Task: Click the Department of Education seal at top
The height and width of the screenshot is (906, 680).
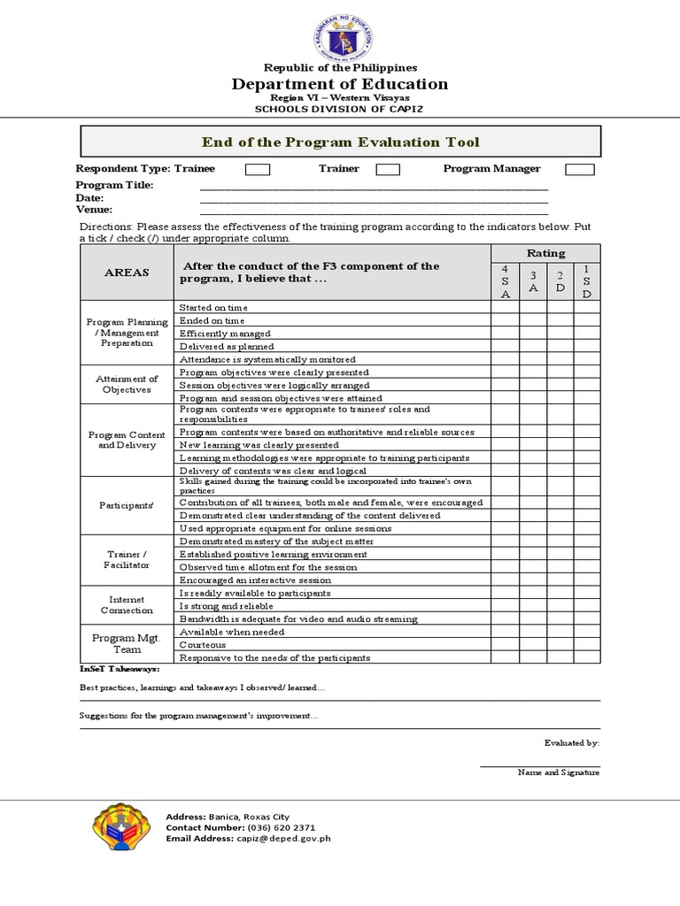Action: [341, 33]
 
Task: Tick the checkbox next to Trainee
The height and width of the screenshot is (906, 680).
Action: [258, 169]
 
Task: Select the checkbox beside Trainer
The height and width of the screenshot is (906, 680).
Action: [388, 169]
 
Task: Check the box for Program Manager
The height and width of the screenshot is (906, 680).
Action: [580, 169]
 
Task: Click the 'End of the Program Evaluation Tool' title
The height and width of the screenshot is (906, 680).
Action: [341, 142]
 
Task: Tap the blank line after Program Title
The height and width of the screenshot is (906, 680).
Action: [374, 187]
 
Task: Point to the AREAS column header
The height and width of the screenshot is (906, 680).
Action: [127, 273]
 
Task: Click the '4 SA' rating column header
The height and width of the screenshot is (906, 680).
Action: [505, 281]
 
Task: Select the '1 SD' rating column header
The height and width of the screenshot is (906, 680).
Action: [586, 281]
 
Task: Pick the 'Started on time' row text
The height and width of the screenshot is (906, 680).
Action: [207, 307]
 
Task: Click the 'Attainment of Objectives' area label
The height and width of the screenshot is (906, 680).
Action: [127, 384]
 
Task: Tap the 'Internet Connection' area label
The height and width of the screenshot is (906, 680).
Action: [127, 605]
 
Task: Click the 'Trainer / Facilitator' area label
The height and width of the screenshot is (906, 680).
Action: [127, 559]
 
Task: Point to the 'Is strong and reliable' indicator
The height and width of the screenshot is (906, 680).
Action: [227, 606]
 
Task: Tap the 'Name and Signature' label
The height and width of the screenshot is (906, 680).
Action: [558, 772]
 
